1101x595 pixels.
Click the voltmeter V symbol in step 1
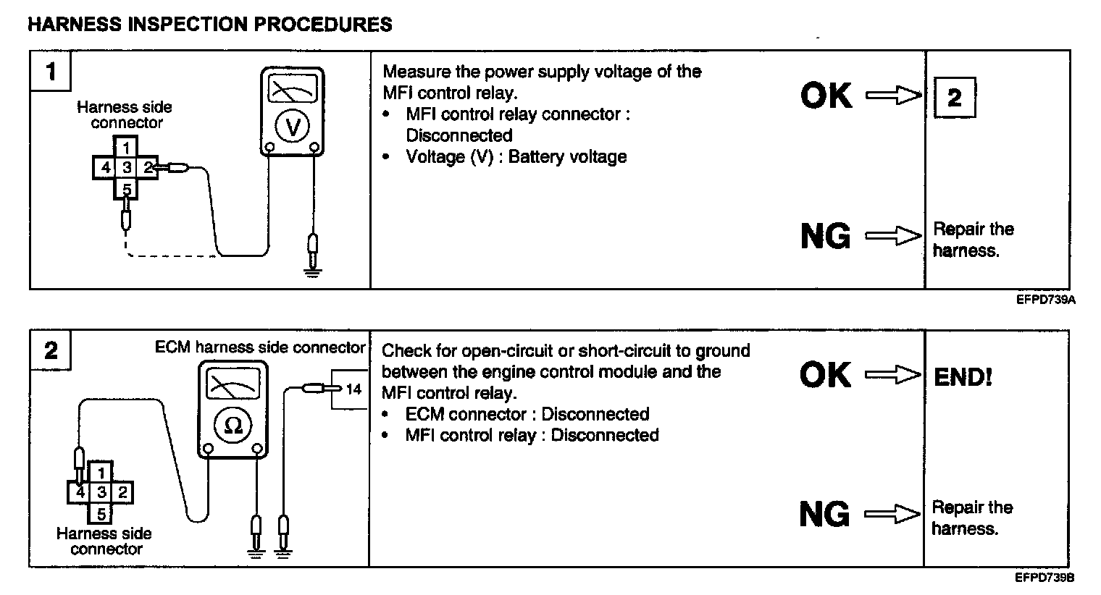click(293, 127)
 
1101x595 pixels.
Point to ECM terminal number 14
click(353, 389)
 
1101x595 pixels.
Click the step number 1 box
click(50, 71)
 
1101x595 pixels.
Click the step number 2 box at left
click(50, 351)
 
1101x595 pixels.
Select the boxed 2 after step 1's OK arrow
click(955, 97)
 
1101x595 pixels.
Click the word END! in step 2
click(963, 377)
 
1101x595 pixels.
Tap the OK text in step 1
click(826, 96)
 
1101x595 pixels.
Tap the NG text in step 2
click(824, 515)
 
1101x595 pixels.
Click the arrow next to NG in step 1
click(893, 236)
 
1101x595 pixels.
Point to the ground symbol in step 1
click(313, 271)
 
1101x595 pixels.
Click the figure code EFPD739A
click(1045, 299)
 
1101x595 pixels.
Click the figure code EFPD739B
click(1044, 578)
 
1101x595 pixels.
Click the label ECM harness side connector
click(260, 347)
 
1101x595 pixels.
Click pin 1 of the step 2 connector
click(102, 473)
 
